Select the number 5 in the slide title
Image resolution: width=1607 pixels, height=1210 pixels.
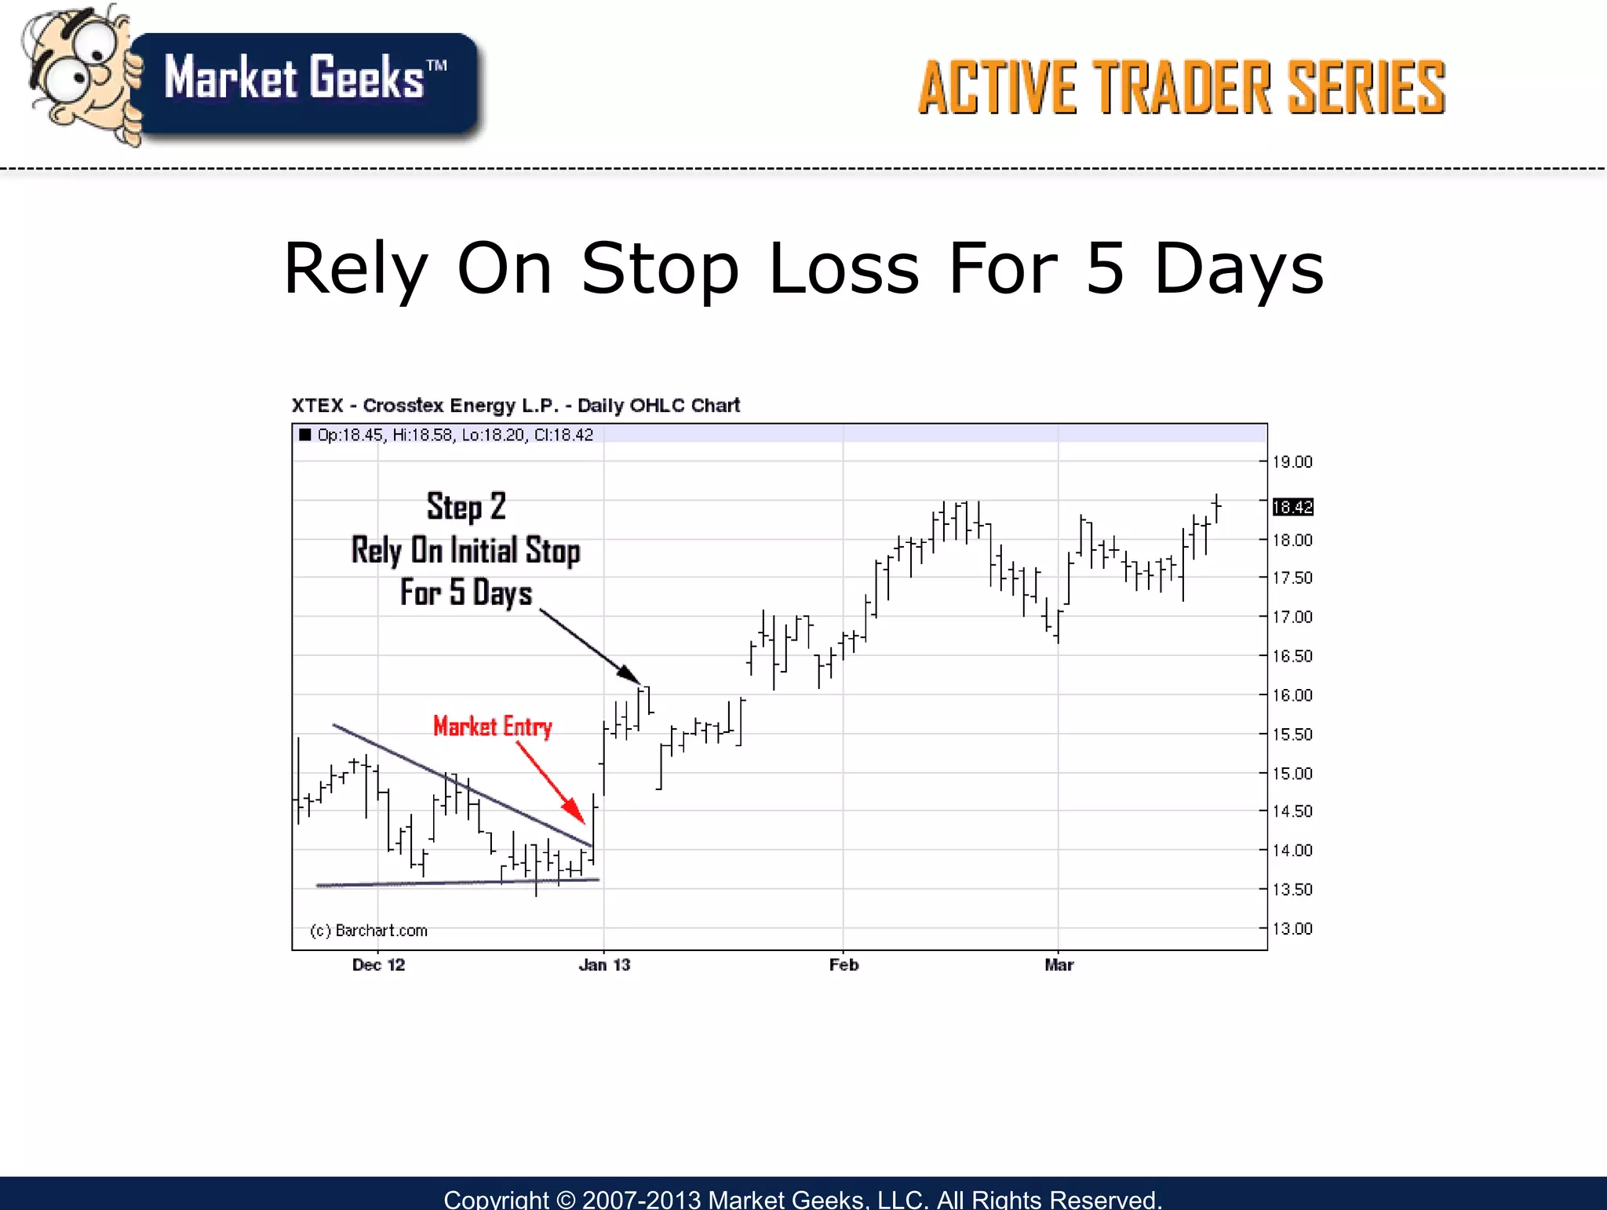point(1106,269)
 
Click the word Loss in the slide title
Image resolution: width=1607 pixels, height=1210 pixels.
point(844,269)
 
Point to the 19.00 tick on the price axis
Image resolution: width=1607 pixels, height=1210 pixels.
point(1292,462)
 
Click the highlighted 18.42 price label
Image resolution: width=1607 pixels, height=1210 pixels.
point(1292,507)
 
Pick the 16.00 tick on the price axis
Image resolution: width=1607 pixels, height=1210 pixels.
point(1292,695)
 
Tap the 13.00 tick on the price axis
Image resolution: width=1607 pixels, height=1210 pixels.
point(1292,929)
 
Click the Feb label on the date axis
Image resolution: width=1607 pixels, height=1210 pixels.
point(844,965)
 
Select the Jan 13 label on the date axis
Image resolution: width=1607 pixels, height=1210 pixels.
point(604,965)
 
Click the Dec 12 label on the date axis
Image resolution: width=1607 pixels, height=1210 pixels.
point(378,965)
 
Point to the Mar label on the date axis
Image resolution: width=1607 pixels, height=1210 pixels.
point(1059,965)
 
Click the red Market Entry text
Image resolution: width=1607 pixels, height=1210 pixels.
point(493,727)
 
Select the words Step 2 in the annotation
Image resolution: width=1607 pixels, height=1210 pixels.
point(466,507)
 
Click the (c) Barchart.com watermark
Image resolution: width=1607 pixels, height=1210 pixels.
point(369,931)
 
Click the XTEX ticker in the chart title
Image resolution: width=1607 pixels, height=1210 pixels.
point(317,406)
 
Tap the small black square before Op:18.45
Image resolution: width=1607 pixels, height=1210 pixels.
point(305,435)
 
